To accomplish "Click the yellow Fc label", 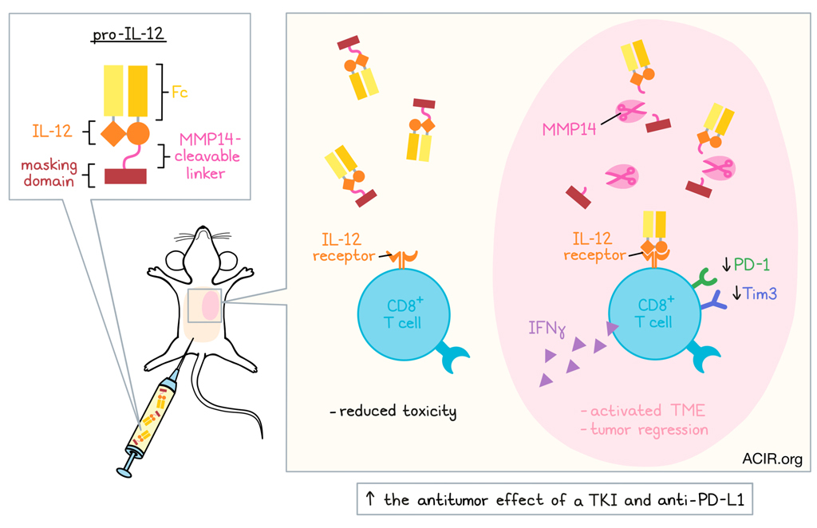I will (x=180, y=92).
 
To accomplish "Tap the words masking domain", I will (x=50, y=172).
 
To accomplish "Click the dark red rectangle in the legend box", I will (x=125, y=175).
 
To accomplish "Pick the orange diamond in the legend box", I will (x=114, y=133).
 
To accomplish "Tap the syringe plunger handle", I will (x=124, y=472).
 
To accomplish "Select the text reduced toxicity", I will (x=393, y=412).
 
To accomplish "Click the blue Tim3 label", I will (x=760, y=294).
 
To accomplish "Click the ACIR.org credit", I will (x=772, y=459).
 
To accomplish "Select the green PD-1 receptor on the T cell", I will (x=705, y=278).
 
